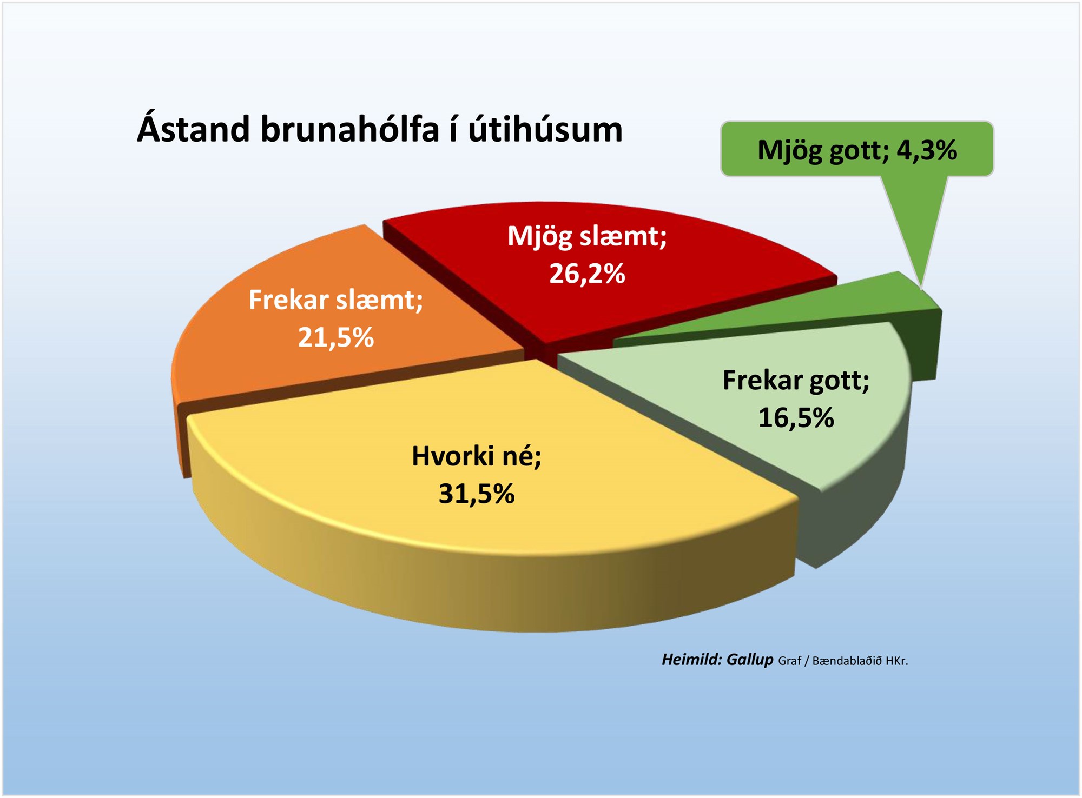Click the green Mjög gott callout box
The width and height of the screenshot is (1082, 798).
pyautogui.click(x=857, y=149)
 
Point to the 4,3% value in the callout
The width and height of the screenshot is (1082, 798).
pyautogui.click(x=927, y=150)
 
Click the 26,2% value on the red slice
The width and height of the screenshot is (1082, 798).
pyautogui.click(x=587, y=274)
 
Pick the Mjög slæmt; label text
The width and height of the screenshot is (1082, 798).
pyautogui.click(x=587, y=237)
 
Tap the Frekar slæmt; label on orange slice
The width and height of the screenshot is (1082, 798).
pyautogui.click(x=336, y=300)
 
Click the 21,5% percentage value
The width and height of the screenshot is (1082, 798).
pyautogui.click(x=336, y=338)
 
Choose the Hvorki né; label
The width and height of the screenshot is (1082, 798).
pyautogui.click(x=477, y=456)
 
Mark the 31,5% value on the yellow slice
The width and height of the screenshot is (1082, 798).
pyautogui.click(x=477, y=494)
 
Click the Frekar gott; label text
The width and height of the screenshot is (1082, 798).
pyautogui.click(x=796, y=381)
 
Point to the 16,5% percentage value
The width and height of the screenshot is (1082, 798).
pyautogui.click(x=796, y=418)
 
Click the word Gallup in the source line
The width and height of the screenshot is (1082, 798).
pyautogui.click(x=750, y=660)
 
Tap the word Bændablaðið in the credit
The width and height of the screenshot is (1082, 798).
pyautogui.click(x=847, y=661)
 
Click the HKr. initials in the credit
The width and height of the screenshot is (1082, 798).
pyautogui.click(x=896, y=661)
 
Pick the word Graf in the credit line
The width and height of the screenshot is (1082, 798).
pyautogui.click(x=789, y=661)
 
